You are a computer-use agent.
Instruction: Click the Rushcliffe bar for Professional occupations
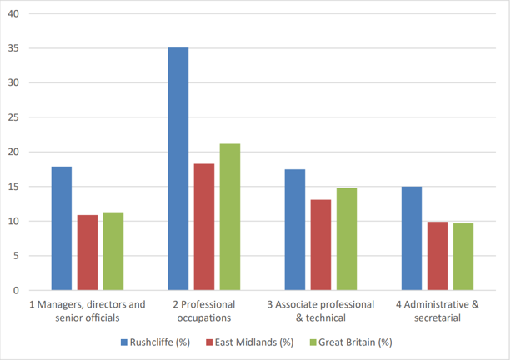point(178,169)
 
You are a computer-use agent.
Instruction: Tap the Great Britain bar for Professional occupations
point(230,217)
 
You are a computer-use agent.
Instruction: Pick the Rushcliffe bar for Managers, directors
point(61,228)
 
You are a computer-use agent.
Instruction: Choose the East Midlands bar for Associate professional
point(321,245)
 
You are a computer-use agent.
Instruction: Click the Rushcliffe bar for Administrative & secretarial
point(411,238)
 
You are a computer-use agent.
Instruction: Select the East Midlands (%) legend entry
point(251,342)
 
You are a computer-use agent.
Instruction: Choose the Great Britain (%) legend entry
point(351,342)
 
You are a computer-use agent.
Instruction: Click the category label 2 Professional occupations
point(204,310)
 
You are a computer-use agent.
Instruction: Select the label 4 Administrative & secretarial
point(438,310)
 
